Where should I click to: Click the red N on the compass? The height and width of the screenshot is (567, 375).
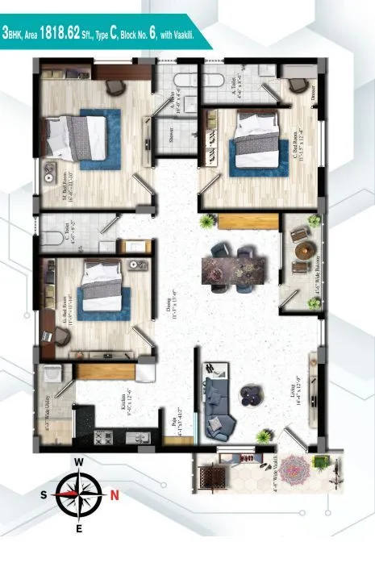(x=115, y=494)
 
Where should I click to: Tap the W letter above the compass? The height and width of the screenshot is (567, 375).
(x=79, y=462)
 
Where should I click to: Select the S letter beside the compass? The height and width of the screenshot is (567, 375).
(x=43, y=495)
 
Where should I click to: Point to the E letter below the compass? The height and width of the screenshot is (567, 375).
(x=79, y=529)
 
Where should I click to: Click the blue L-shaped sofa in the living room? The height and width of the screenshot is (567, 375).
(x=219, y=403)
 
